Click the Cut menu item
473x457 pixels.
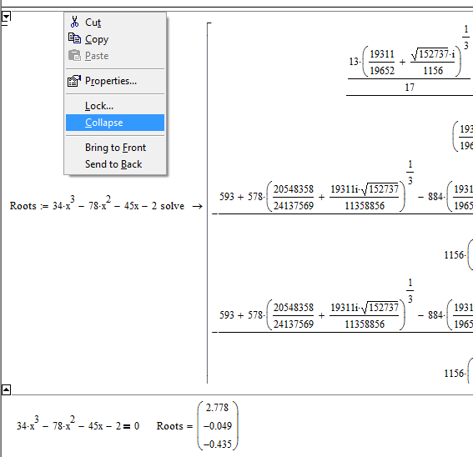point(93,23)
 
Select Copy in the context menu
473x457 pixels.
point(97,39)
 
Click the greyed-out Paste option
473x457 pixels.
point(97,56)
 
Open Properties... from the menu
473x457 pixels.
point(111,81)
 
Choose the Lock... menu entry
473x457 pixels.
point(99,106)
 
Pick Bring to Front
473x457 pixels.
point(115,148)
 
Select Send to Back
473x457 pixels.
point(113,164)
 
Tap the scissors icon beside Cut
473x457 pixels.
point(74,22)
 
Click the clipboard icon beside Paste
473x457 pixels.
point(74,56)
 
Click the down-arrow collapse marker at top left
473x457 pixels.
point(6,16)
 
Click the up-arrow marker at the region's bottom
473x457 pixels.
point(6,389)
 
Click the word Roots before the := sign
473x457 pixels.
point(23,206)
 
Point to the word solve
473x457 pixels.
point(172,206)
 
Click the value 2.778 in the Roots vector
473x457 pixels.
point(217,408)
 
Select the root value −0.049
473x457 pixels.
point(218,426)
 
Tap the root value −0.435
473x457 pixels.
point(218,444)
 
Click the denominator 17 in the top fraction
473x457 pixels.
point(410,88)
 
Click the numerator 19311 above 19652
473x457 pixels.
point(382,54)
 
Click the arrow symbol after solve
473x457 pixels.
point(197,206)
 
